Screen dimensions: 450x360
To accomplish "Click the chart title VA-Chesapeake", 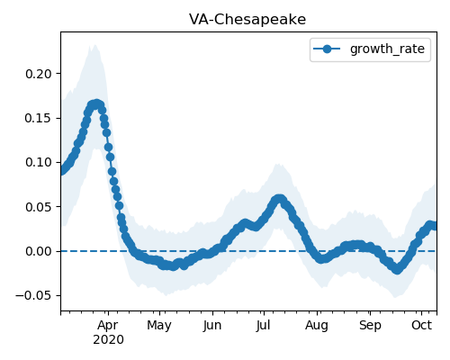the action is (x=247, y=20).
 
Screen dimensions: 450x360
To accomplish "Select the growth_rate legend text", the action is (x=387, y=49).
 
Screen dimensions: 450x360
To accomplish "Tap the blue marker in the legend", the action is (x=327, y=49).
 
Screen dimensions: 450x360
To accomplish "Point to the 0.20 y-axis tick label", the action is (x=39, y=74).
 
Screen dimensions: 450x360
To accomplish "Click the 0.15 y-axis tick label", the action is (x=39, y=118).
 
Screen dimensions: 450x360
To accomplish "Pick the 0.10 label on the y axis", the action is (x=39, y=162).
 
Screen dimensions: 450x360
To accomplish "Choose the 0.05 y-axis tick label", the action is (x=39, y=207).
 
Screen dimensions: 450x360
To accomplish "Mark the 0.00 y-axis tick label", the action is (x=39, y=251).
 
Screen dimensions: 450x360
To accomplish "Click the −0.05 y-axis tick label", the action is (x=33, y=295).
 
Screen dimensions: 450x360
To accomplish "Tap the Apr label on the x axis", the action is (x=108, y=326).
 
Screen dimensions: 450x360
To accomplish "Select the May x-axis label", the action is (x=159, y=326).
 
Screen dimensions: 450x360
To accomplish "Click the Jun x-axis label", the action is (x=212, y=326).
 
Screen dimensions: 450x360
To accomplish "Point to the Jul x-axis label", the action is (x=263, y=326).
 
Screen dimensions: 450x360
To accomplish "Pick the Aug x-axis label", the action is (x=317, y=326).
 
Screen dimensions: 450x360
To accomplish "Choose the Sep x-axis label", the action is (x=370, y=326).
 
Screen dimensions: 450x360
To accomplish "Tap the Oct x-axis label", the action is (x=421, y=325).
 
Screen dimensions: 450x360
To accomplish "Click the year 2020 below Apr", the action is (x=108, y=340).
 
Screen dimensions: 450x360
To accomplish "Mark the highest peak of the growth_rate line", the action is (x=96, y=104).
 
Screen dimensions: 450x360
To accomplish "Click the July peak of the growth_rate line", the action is (x=279, y=199).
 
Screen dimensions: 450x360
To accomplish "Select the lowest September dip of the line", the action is (x=397, y=269).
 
